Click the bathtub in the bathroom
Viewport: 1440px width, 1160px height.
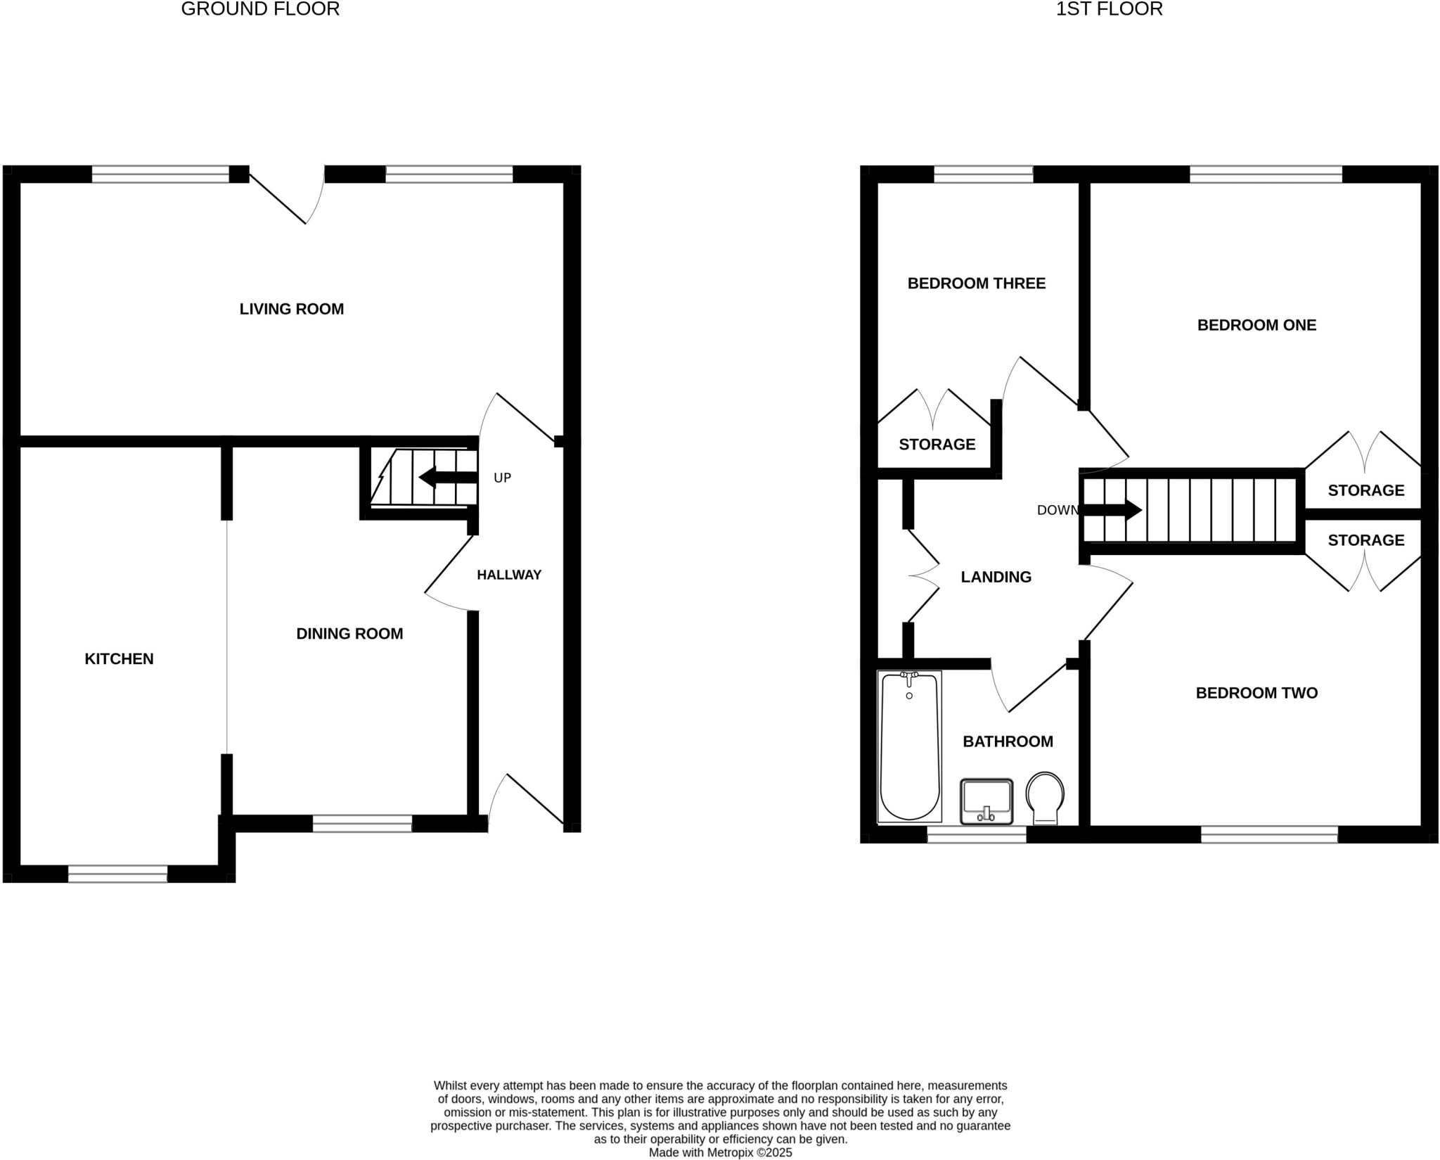point(909,747)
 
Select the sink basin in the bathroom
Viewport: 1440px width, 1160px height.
point(986,801)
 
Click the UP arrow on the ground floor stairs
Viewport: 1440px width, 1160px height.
point(447,478)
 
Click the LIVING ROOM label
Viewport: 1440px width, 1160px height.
point(291,309)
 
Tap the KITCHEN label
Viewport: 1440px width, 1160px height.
point(119,659)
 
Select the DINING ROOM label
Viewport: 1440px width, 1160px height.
point(349,634)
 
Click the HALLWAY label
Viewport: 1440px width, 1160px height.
point(509,575)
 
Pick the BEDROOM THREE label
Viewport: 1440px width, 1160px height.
point(976,283)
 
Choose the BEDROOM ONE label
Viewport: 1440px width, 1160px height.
point(1256,325)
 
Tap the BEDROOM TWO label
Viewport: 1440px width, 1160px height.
point(1256,693)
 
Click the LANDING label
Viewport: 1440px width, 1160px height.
point(996,577)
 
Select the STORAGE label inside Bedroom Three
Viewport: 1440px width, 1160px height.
point(937,445)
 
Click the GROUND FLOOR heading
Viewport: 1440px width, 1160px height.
point(260,9)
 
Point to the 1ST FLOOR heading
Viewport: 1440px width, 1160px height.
point(1109,9)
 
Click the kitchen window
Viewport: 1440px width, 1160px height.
point(117,874)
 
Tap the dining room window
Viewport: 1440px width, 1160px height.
point(362,824)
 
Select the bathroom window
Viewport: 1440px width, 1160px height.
point(977,834)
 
